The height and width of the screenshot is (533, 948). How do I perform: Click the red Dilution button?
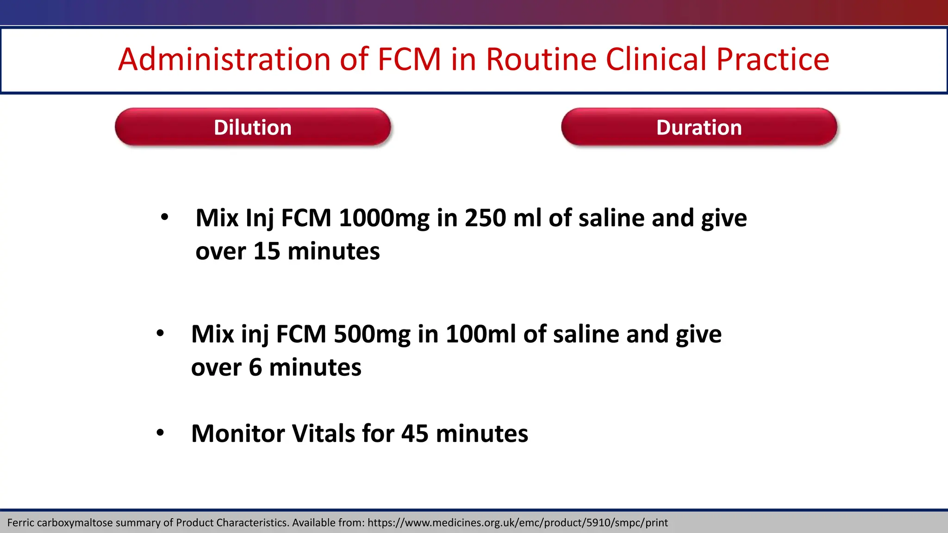pyautogui.click(x=253, y=127)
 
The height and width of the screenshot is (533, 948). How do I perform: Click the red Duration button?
pyautogui.click(x=699, y=127)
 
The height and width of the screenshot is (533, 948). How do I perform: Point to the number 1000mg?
pyautogui.click(x=384, y=218)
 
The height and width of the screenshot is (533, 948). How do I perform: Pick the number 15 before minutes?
pyautogui.click(x=267, y=251)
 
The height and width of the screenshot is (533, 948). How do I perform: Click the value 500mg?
pyautogui.click(x=372, y=335)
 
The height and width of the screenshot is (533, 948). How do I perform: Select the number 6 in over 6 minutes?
pyautogui.click(x=255, y=367)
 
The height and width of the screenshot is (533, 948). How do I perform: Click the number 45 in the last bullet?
pyautogui.click(x=414, y=434)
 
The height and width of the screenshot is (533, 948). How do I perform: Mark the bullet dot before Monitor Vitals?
pyautogui.click(x=160, y=433)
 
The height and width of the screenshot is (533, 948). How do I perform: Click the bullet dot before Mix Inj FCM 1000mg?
pyautogui.click(x=164, y=217)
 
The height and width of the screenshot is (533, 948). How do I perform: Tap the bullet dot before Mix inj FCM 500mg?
pyautogui.click(x=160, y=333)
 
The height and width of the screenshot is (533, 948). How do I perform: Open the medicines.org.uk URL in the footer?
pyautogui.click(x=518, y=523)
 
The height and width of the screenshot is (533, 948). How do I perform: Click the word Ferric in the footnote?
pyautogui.click(x=21, y=523)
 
